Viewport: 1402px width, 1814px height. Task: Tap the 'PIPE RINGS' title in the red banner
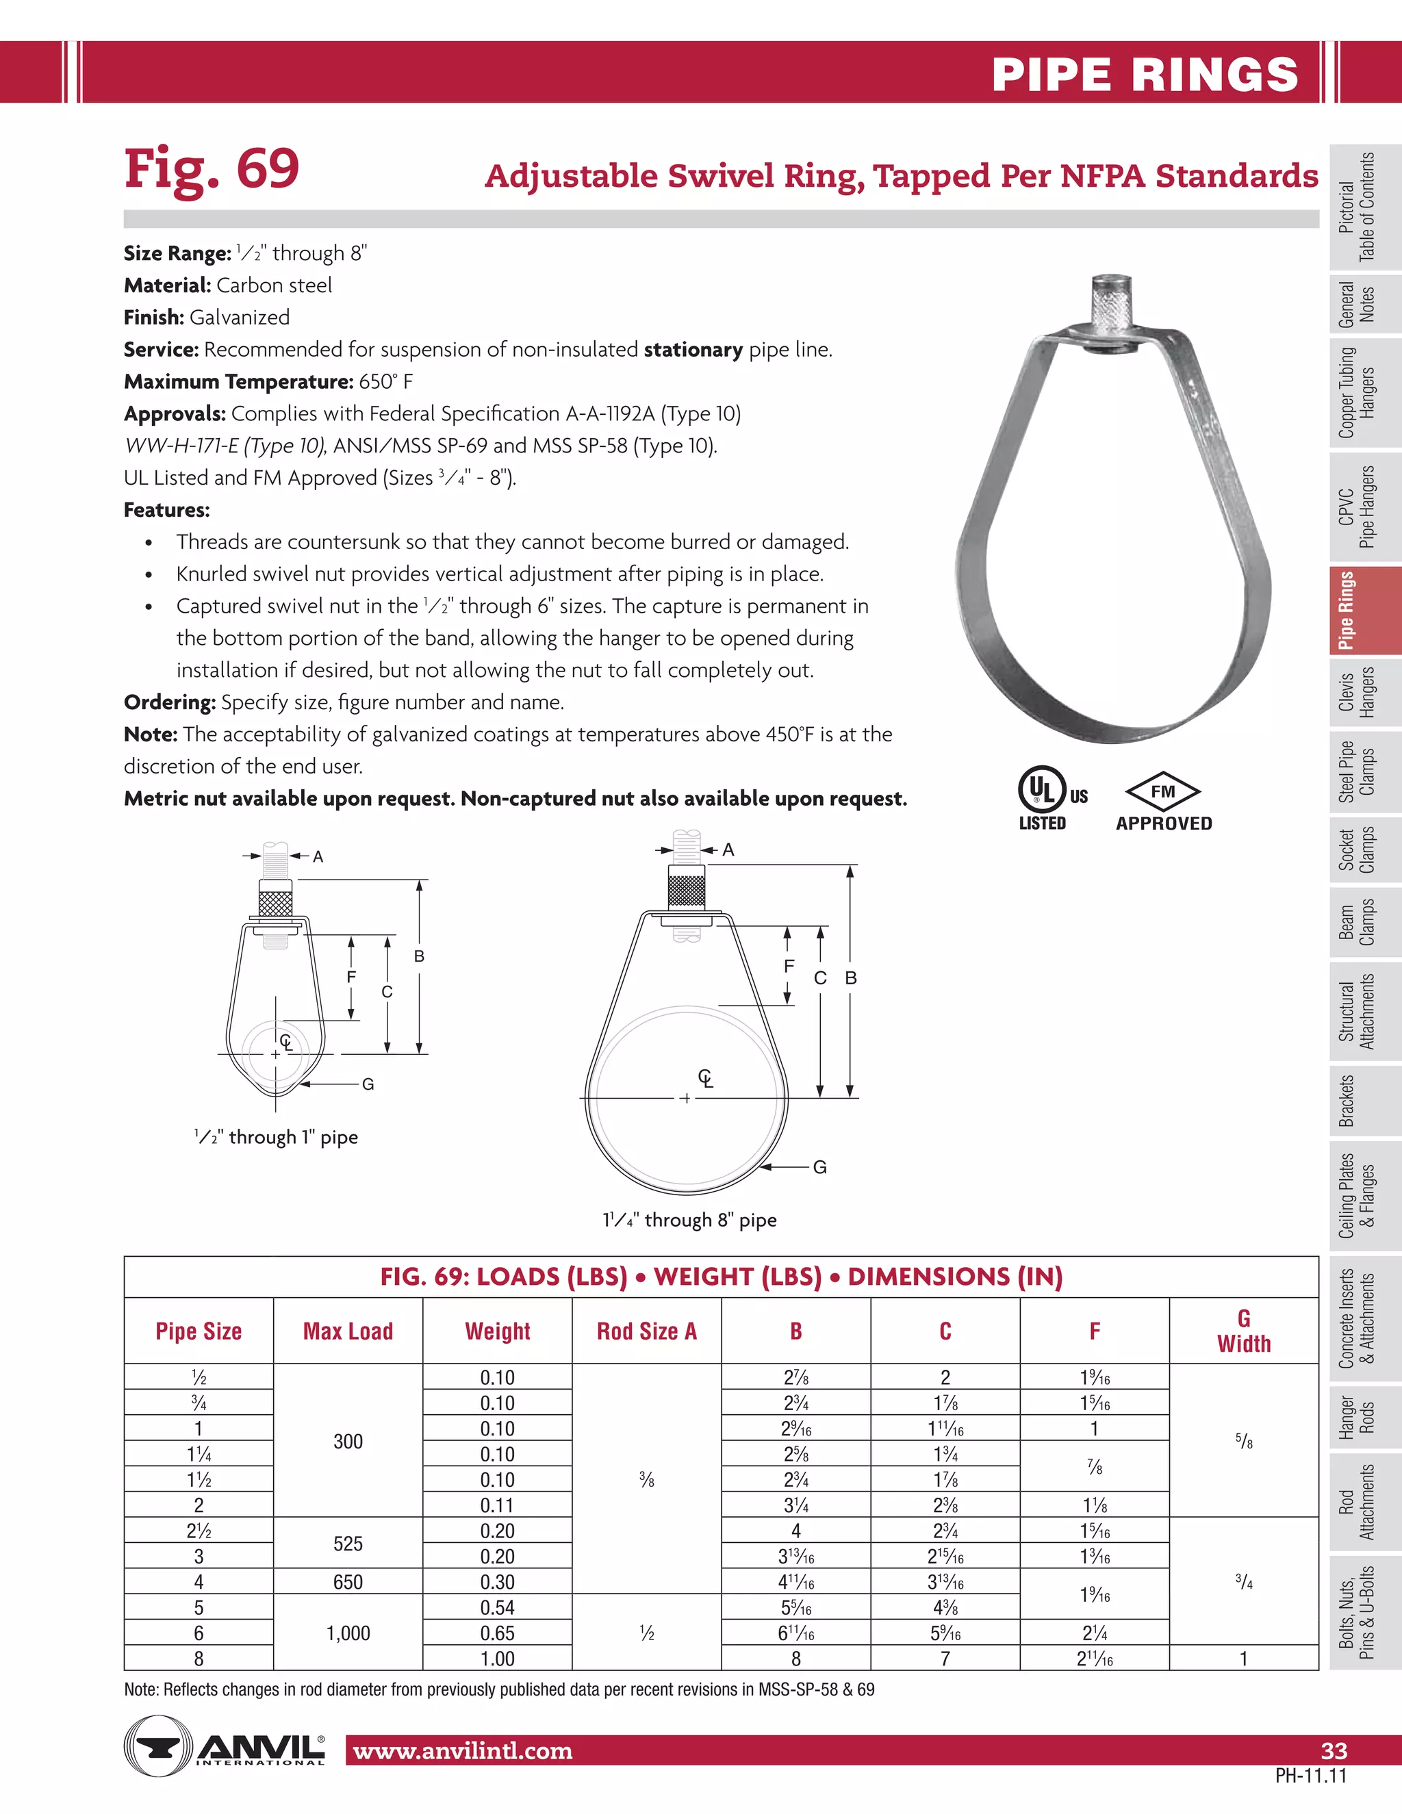1145,75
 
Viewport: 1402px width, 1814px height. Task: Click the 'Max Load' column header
348,1331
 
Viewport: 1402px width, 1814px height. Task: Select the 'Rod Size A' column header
646,1331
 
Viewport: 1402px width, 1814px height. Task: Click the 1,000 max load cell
348,1633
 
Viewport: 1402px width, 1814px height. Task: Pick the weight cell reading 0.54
497,1607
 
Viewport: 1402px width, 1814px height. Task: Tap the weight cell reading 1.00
497,1659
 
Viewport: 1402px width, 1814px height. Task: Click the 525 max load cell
348,1543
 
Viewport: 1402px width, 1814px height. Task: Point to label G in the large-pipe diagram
819,1167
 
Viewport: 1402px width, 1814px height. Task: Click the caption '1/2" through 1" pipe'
276,1137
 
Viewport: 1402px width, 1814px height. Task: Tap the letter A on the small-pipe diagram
317,856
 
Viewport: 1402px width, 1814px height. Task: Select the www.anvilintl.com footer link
463,1751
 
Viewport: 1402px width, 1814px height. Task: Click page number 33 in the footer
1333,1751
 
